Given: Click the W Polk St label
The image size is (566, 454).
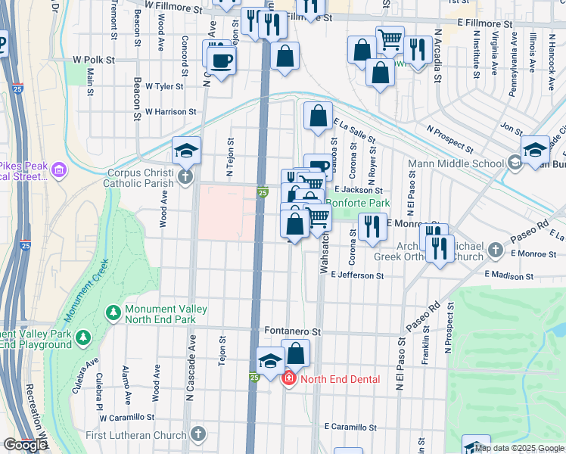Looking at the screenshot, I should (x=93, y=59).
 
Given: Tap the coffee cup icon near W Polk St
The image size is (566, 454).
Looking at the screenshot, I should (x=222, y=61).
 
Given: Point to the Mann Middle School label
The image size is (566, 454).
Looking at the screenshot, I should (x=456, y=163).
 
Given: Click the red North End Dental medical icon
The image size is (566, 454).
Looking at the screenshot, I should (x=288, y=379).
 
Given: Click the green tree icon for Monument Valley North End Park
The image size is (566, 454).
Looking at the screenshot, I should (x=113, y=312).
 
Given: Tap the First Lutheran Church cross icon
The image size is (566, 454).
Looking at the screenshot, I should (x=197, y=434).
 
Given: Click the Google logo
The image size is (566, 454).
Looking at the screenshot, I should (x=25, y=446).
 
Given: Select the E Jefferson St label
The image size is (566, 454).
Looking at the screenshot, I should (x=359, y=276).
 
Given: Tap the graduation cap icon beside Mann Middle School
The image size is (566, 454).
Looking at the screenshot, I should (x=534, y=149).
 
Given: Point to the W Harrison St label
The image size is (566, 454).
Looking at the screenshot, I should (x=170, y=111).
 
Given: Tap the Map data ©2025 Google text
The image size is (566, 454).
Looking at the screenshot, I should (x=518, y=448).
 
